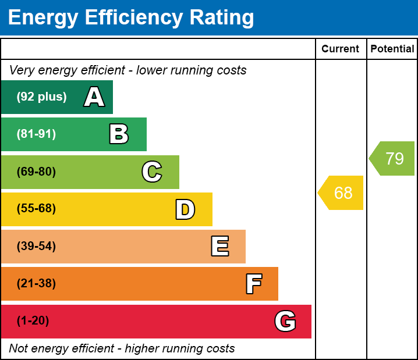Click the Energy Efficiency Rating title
[130, 17]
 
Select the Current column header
[341, 49]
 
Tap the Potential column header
[392, 49]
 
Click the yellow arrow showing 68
[342, 193]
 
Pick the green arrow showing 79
[393, 158]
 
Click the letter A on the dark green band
[94, 97]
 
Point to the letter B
[119, 134]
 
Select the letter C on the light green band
[151, 172]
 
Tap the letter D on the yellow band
[185, 209]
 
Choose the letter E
[219, 247]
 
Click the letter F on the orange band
[253, 284]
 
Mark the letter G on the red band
[285, 321]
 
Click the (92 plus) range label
[41, 97]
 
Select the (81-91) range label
[36, 134]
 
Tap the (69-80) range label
[36, 172]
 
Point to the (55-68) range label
[36, 209]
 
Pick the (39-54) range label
[36, 247]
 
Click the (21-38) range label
[36, 284]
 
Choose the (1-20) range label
[33, 321]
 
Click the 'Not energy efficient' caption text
[122, 348]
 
